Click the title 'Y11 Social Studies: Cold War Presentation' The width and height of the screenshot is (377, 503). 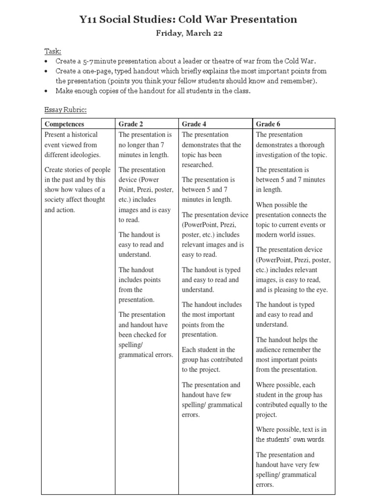pos(188,20)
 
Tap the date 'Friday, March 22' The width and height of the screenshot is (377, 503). pos(188,33)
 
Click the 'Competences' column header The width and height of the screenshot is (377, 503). pos(64,124)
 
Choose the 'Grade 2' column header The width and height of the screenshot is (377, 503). pos(131,124)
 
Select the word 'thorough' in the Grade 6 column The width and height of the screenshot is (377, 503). pos(314,145)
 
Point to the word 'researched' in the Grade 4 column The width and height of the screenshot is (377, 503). pos(197,165)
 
